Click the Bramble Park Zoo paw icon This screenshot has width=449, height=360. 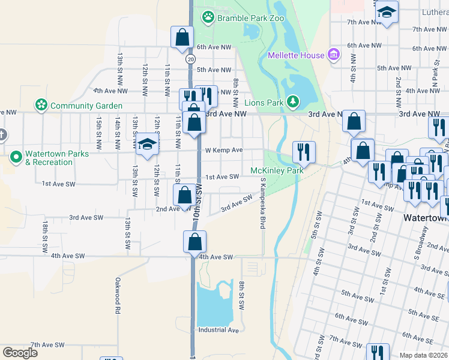[208, 17]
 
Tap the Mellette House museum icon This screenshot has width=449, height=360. [334, 56]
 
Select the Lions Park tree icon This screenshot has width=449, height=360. [292, 103]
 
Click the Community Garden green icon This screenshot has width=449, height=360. [41, 106]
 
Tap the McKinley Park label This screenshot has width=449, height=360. [277, 170]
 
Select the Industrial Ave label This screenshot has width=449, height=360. [218, 330]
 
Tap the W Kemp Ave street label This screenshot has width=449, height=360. [223, 150]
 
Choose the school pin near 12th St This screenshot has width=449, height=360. [147, 144]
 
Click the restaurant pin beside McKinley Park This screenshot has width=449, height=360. [304, 152]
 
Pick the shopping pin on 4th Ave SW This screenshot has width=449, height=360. [194, 242]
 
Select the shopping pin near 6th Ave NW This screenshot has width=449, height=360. [181, 37]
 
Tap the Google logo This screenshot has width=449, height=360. [20, 352]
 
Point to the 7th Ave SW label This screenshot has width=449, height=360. [47, 345]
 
